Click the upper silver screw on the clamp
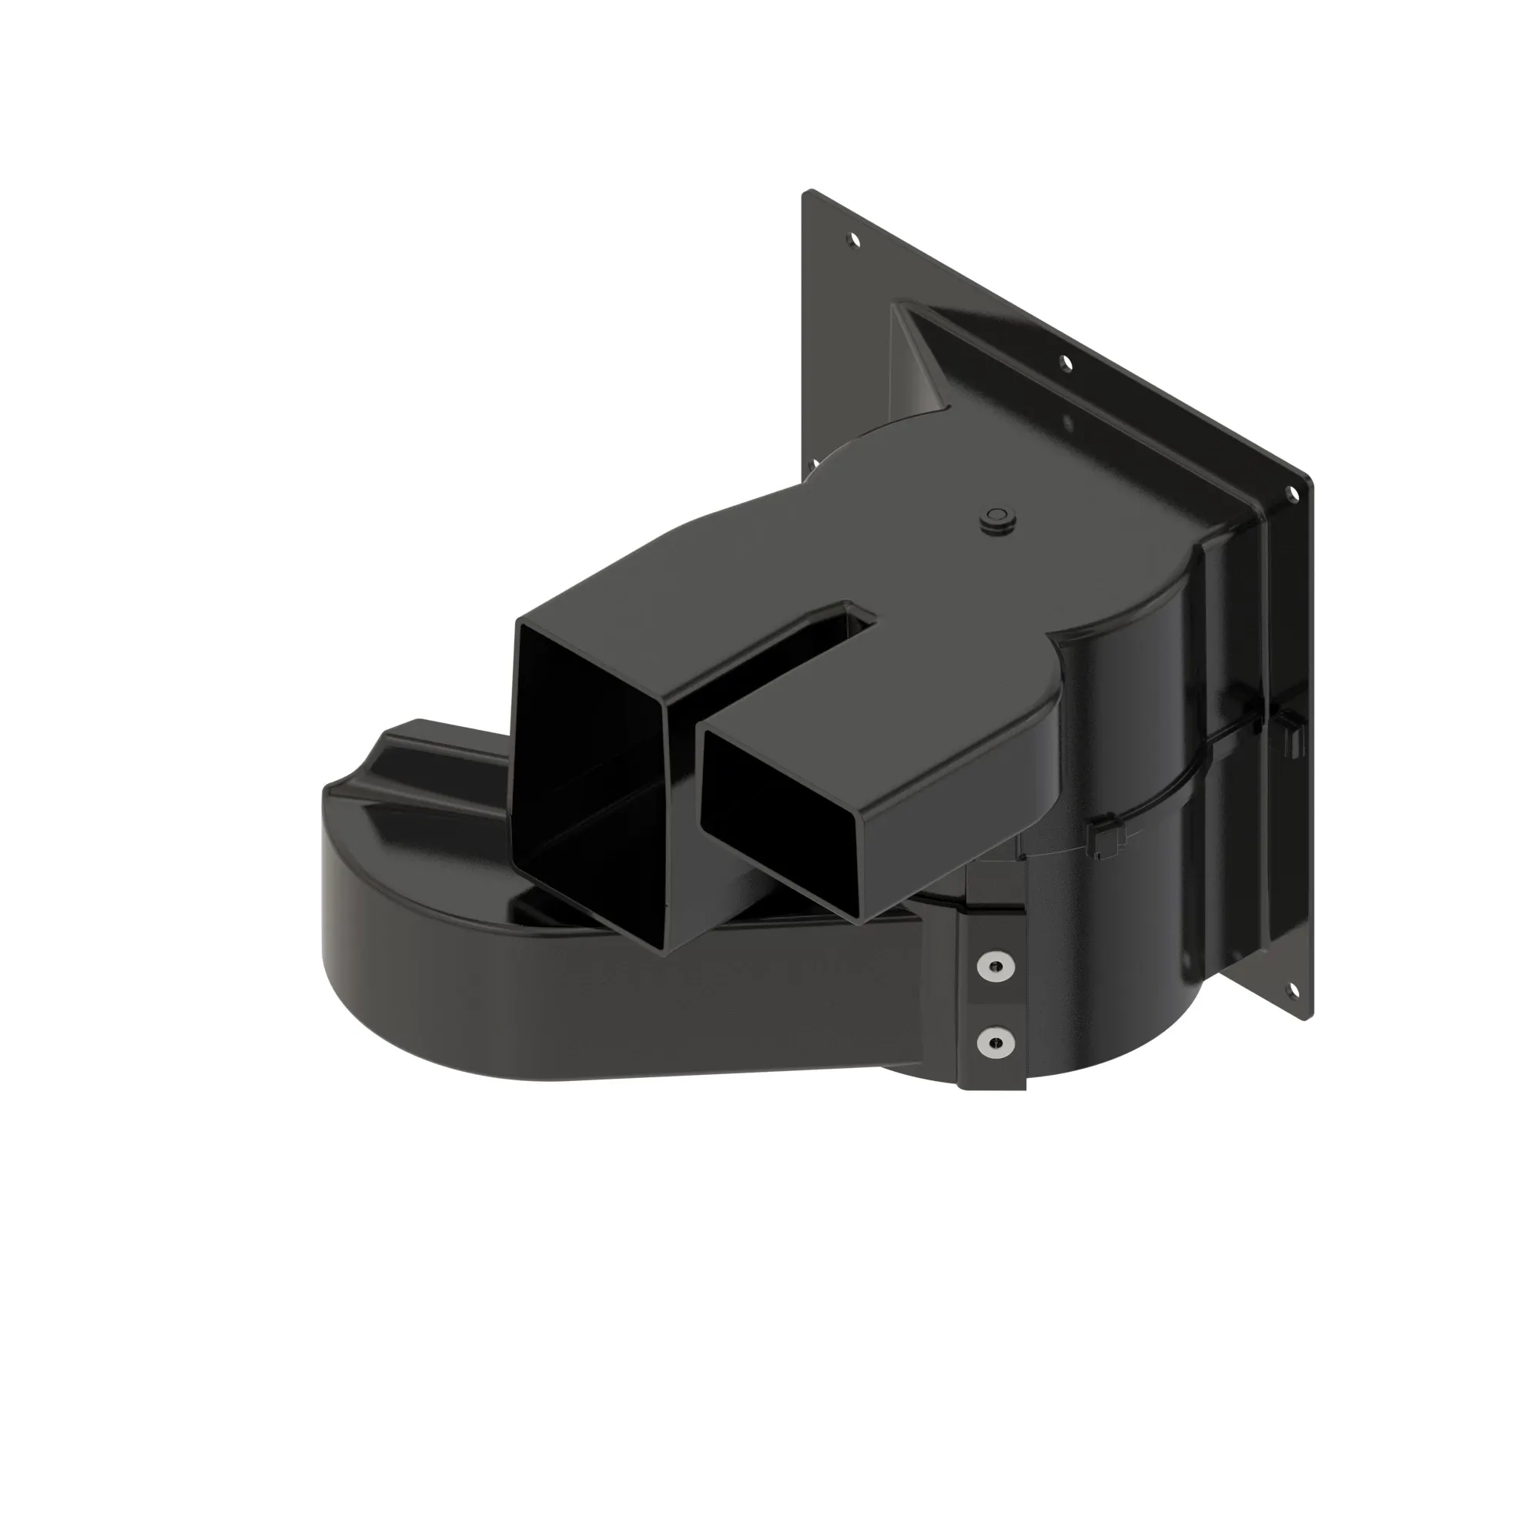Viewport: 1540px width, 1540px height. coord(996,967)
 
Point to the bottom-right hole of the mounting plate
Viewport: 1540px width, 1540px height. coord(1292,990)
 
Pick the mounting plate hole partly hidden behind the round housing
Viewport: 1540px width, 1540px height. coord(814,463)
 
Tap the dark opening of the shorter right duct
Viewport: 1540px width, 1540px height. coord(789,821)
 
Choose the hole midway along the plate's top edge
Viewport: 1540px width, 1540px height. coord(1065,363)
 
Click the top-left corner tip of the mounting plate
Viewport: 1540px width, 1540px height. coord(807,193)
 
